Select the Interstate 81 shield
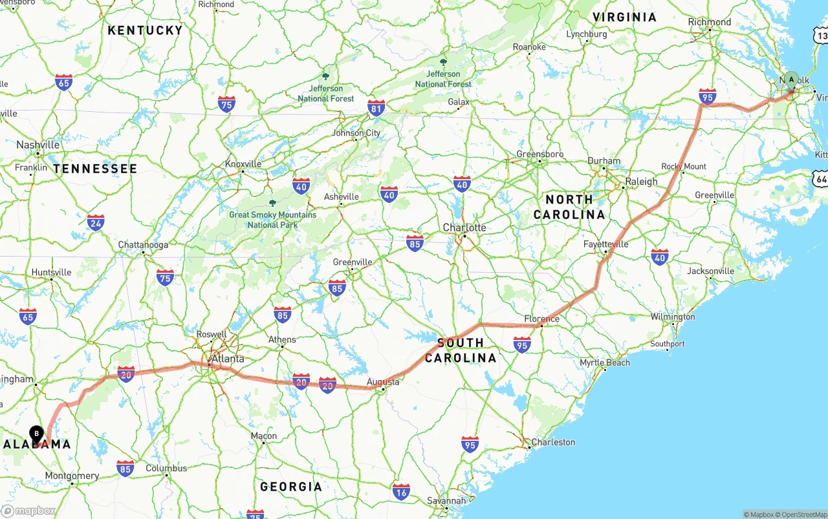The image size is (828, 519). [376, 108]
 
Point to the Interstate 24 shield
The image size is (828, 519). [96, 222]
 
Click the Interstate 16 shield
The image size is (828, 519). [401, 491]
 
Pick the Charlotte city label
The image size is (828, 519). [464, 228]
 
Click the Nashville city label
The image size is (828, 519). [38, 145]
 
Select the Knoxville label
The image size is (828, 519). [243, 164]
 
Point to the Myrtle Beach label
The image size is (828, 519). [605, 363]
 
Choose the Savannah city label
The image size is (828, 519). [446, 501]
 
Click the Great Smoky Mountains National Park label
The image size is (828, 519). [273, 220]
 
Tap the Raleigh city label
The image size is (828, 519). [641, 182]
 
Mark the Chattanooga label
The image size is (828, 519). [143, 245]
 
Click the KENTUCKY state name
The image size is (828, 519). [145, 30]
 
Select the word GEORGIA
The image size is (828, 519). [290, 486]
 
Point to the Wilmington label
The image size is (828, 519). [673, 317]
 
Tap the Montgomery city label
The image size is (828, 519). [72, 476]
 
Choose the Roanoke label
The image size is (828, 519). [529, 47]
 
